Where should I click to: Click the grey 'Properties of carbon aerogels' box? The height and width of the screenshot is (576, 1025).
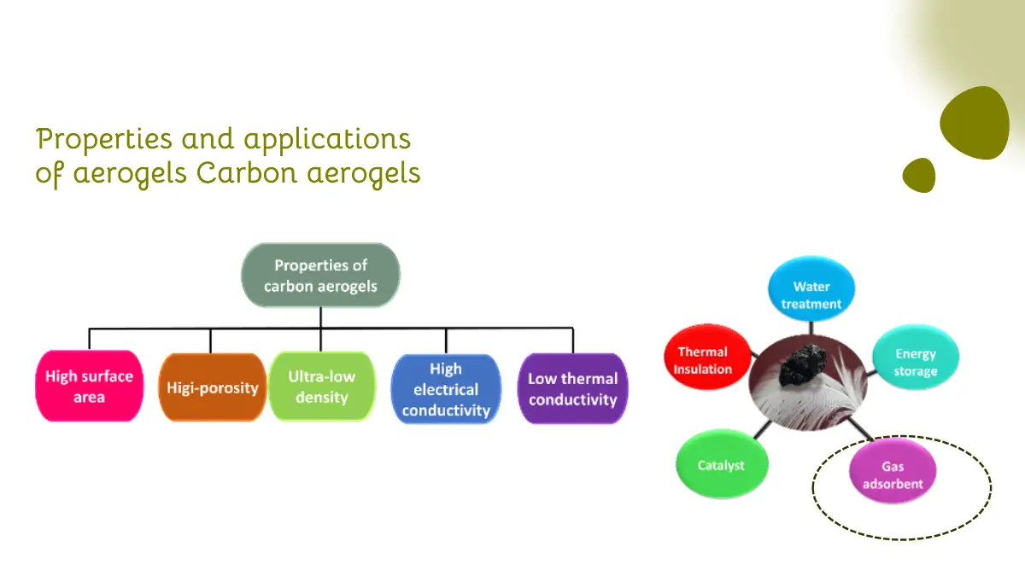320,275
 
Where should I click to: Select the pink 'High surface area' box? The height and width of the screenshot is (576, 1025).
89,386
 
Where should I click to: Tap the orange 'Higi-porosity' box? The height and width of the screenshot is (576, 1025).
213,387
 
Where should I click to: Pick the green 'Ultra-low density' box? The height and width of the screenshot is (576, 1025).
322,387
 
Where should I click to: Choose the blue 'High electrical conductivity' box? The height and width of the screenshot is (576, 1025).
446,389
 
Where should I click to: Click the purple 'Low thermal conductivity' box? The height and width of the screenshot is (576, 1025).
572,388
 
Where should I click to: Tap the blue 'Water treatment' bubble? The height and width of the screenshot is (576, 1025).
811,288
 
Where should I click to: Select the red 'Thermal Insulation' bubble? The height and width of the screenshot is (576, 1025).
707,357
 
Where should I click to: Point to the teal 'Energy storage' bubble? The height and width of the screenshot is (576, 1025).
915,357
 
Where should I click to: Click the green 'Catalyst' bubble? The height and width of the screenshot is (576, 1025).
722,463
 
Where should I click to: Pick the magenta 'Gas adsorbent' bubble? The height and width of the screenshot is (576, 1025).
893,471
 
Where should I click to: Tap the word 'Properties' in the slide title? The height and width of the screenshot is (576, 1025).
104,139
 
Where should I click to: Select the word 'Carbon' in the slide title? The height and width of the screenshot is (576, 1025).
247,173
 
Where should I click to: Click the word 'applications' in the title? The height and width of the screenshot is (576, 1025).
327,139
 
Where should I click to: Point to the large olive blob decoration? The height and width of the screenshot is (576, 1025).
975,124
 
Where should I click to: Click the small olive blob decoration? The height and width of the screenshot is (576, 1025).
919,176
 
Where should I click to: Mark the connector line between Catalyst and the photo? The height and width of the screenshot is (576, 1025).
762,430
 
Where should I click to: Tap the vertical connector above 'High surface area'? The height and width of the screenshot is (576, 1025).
89,340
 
